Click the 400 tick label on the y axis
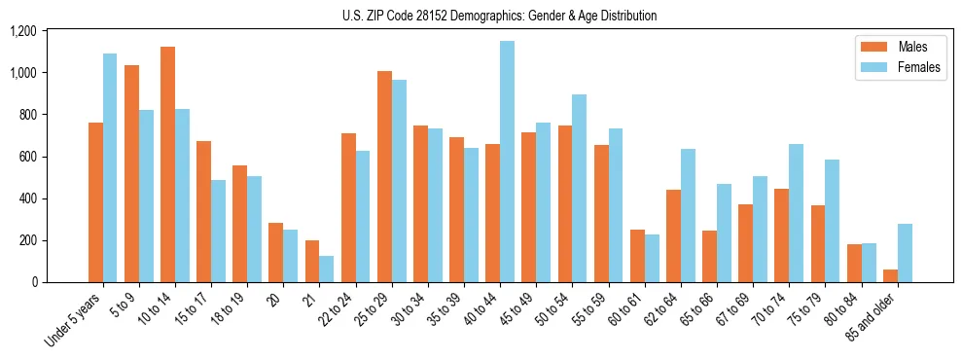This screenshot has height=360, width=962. point(26,198)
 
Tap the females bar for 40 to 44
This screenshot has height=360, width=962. point(507,162)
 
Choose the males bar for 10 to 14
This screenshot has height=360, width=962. point(167,164)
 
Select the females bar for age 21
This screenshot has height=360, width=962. point(327,269)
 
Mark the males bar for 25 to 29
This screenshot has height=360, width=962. point(384,176)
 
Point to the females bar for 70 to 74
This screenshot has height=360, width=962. point(796,213)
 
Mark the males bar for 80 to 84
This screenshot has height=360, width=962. point(854,263)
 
